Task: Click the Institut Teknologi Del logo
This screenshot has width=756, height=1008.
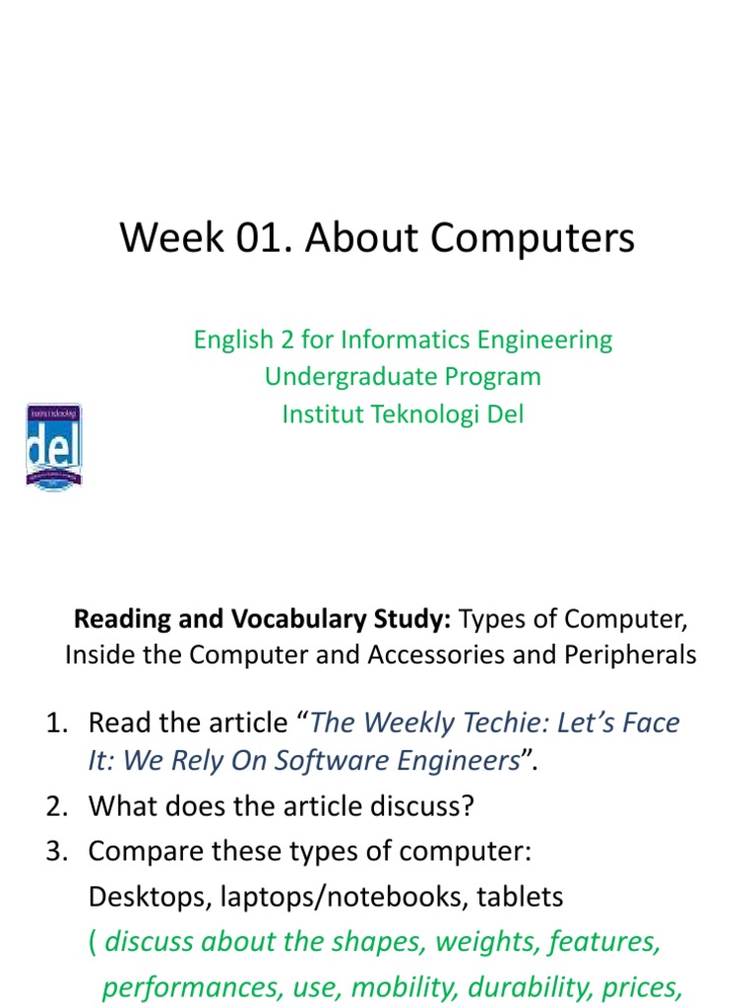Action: pyautogui.click(x=53, y=447)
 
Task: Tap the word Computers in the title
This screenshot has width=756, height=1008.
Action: pyautogui.click(x=537, y=239)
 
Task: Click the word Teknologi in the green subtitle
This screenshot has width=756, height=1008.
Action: pyautogui.click(x=426, y=414)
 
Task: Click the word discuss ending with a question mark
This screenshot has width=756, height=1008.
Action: pyautogui.click(x=431, y=807)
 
